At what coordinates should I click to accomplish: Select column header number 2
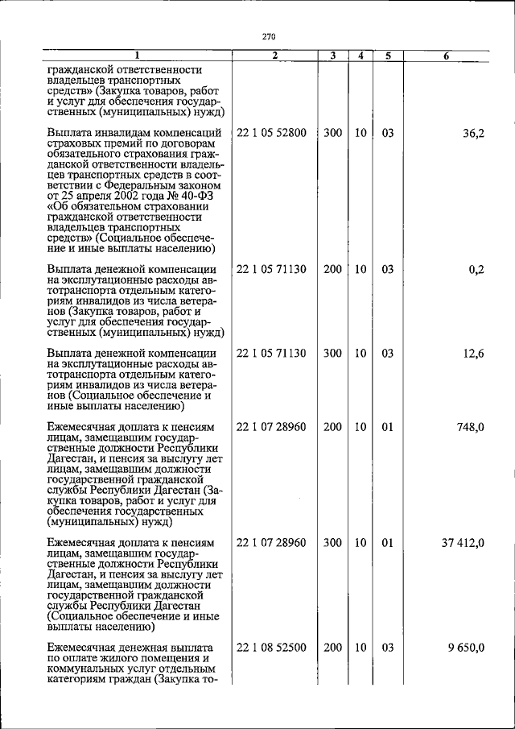pos(274,56)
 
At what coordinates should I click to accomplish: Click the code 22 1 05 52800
pos(271,133)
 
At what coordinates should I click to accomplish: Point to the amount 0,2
pos(476,269)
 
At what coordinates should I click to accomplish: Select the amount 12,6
pos(473,354)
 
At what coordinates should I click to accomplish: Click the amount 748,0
pos(470,427)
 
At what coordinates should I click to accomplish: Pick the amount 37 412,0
pos(463,543)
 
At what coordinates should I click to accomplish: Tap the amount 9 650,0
pos(466,648)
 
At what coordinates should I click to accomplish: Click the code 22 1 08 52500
pos(271,648)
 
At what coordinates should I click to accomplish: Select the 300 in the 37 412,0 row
pos(332,543)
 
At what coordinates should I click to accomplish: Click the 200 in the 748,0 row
pos(332,427)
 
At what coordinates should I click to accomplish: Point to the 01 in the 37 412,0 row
pos(387,543)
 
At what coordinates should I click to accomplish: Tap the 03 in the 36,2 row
pos(387,133)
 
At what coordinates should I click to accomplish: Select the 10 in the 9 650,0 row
pos(360,648)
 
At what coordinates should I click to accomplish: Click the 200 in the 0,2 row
pos(332,269)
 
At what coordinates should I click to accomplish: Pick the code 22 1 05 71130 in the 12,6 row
pos(271,354)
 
